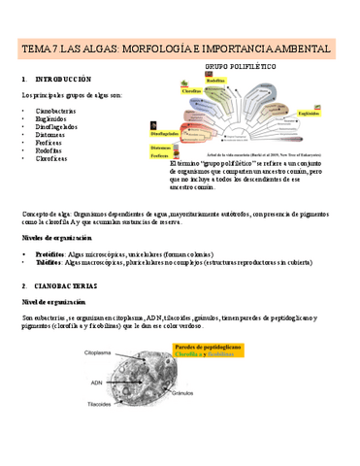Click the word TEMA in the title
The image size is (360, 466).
point(41,48)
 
